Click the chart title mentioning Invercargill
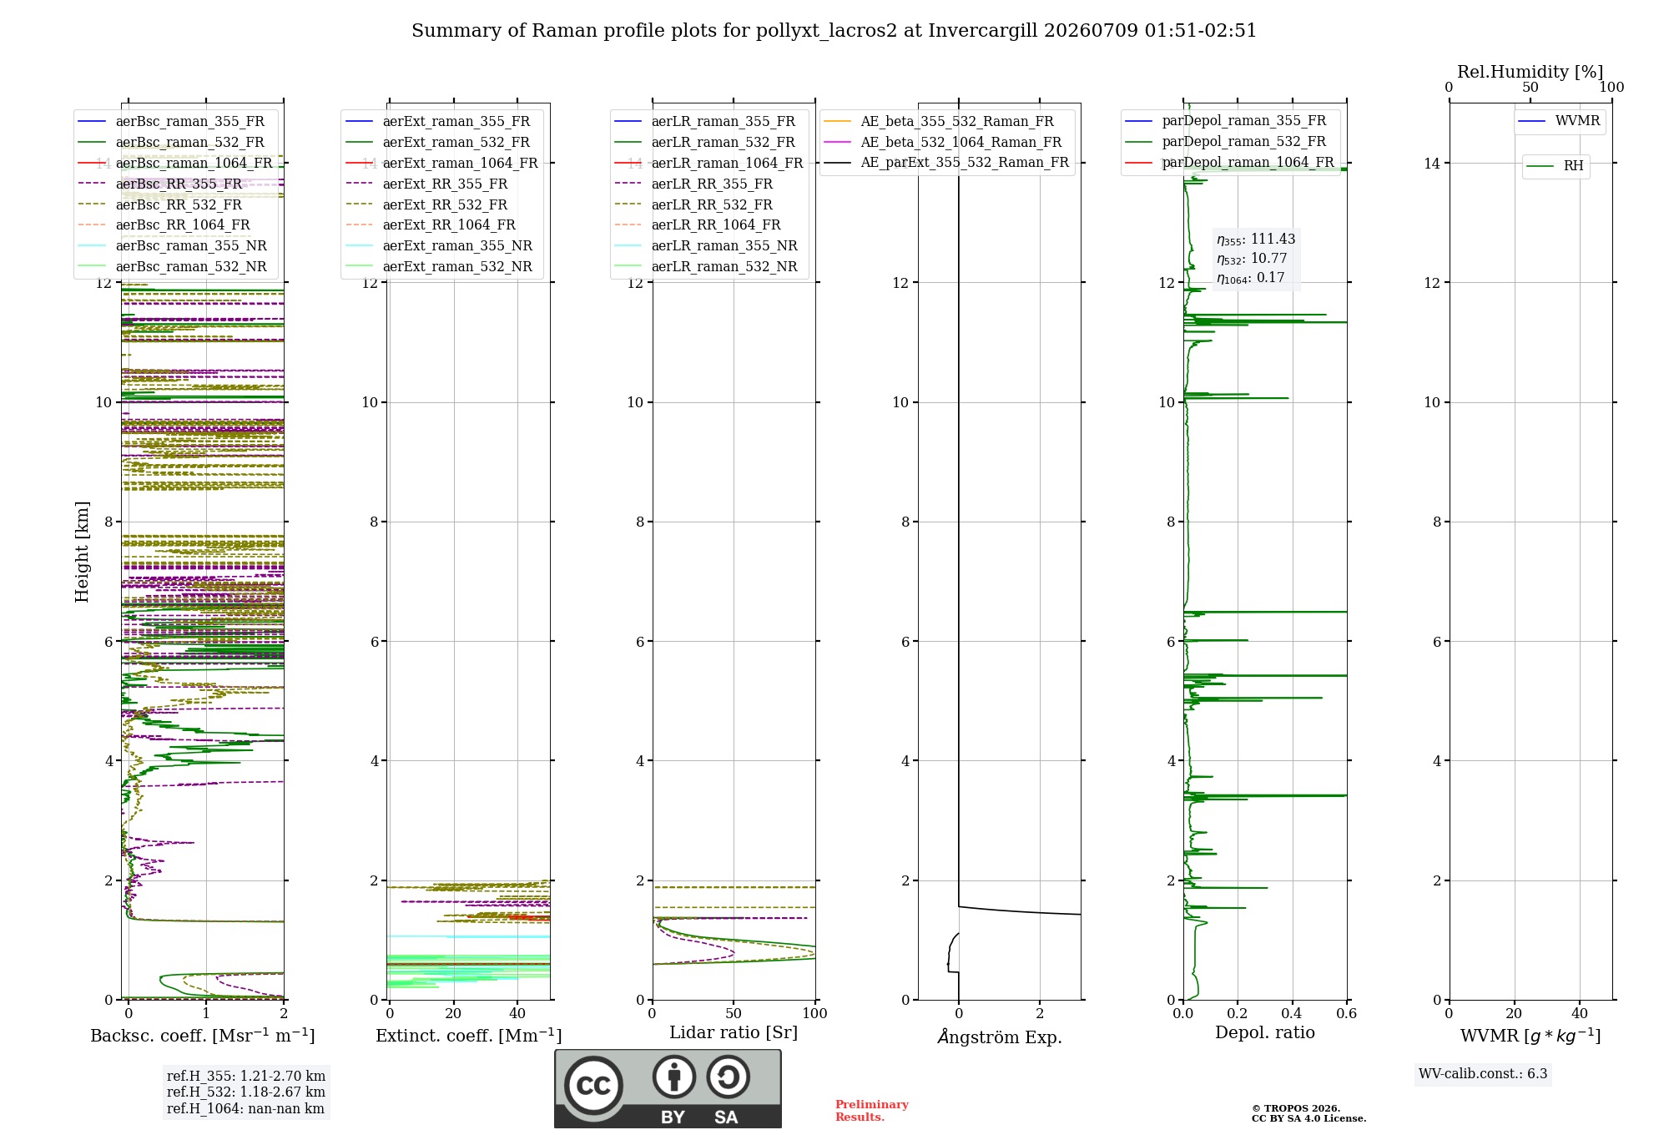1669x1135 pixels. (834, 31)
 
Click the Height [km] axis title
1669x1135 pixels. (82, 552)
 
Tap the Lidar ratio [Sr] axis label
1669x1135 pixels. (734, 1033)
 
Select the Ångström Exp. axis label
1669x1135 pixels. (1000, 1037)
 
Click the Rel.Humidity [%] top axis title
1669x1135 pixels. (1530, 72)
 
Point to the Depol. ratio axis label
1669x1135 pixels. (1265, 1032)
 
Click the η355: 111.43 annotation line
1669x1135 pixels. (1256, 240)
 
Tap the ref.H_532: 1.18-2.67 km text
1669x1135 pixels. (246, 1092)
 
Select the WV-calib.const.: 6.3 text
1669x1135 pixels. (1483, 1073)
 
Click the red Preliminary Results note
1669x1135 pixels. (872, 1111)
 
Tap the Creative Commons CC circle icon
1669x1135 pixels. (593, 1086)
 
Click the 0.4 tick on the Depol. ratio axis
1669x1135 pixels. (1293, 1013)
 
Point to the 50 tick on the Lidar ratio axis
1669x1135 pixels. (734, 1013)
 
